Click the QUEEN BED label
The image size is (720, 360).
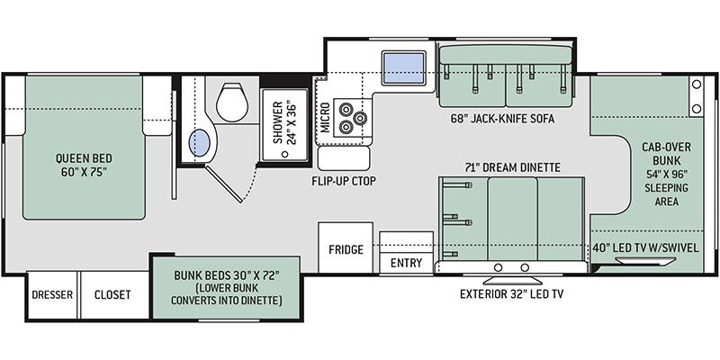[83, 164]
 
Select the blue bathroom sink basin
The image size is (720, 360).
[202, 142]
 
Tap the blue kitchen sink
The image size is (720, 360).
[404, 67]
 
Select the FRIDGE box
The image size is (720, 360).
[346, 249]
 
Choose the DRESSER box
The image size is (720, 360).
[52, 295]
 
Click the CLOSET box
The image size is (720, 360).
[112, 295]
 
